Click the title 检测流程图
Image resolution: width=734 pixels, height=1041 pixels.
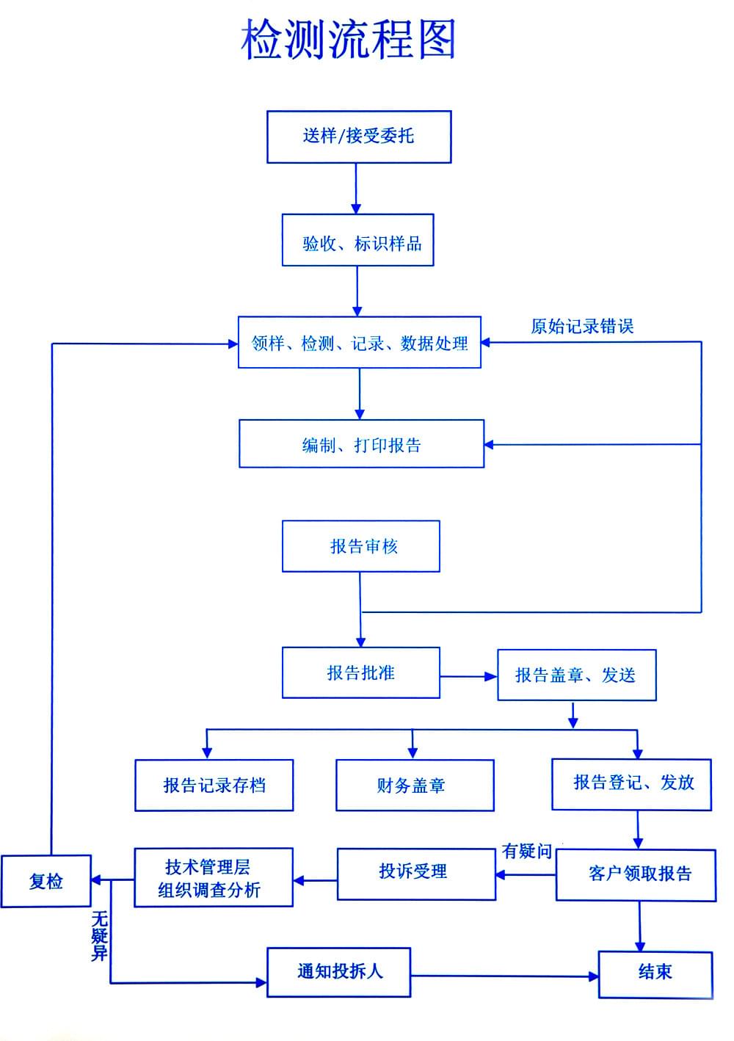(348, 39)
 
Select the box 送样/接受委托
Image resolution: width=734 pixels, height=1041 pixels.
(359, 137)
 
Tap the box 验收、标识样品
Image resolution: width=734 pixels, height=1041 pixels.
(357, 240)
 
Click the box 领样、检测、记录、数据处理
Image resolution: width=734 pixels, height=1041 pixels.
(359, 343)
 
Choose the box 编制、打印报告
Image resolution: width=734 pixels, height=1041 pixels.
(361, 444)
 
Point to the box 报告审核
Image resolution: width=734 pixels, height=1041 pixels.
(361, 546)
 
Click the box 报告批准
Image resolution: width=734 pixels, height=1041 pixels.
(361, 672)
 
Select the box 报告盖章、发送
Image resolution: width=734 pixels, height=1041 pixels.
(576, 675)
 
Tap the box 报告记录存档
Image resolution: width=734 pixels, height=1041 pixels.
(214, 786)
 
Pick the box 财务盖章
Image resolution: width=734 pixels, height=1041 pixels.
(415, 786)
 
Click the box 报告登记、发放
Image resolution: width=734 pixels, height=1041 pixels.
(631, 785)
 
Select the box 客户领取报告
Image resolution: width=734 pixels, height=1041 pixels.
(636, 876)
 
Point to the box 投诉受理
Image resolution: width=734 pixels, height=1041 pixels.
(416, 874)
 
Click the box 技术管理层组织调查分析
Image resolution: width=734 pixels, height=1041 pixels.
(214, 877)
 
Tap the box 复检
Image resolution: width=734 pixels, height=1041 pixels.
(46, 881)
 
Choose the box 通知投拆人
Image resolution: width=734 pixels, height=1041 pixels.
(338, 972)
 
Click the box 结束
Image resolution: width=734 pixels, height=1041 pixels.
(655, 974)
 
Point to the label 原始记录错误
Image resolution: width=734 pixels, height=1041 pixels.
(582, 326)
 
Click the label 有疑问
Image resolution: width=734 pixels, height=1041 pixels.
(527, 851)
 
